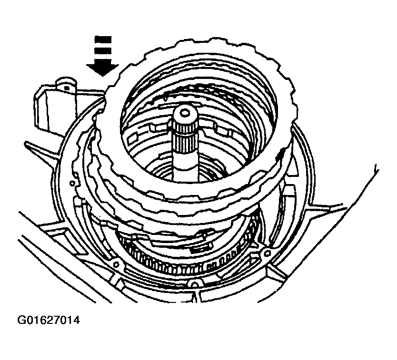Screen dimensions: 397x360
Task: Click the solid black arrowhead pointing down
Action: point(102,68)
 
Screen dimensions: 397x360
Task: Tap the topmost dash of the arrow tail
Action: point(103,39)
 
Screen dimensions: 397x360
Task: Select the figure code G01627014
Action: point(49,320)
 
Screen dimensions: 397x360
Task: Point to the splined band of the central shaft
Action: point(184,134)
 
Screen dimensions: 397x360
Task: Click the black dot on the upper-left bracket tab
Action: point(67,88)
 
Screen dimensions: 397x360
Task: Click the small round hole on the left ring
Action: point(72,183)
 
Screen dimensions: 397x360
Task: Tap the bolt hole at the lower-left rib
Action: point(116,264)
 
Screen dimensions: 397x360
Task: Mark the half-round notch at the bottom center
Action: point(194,283)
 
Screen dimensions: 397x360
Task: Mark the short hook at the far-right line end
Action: point(377,168)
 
